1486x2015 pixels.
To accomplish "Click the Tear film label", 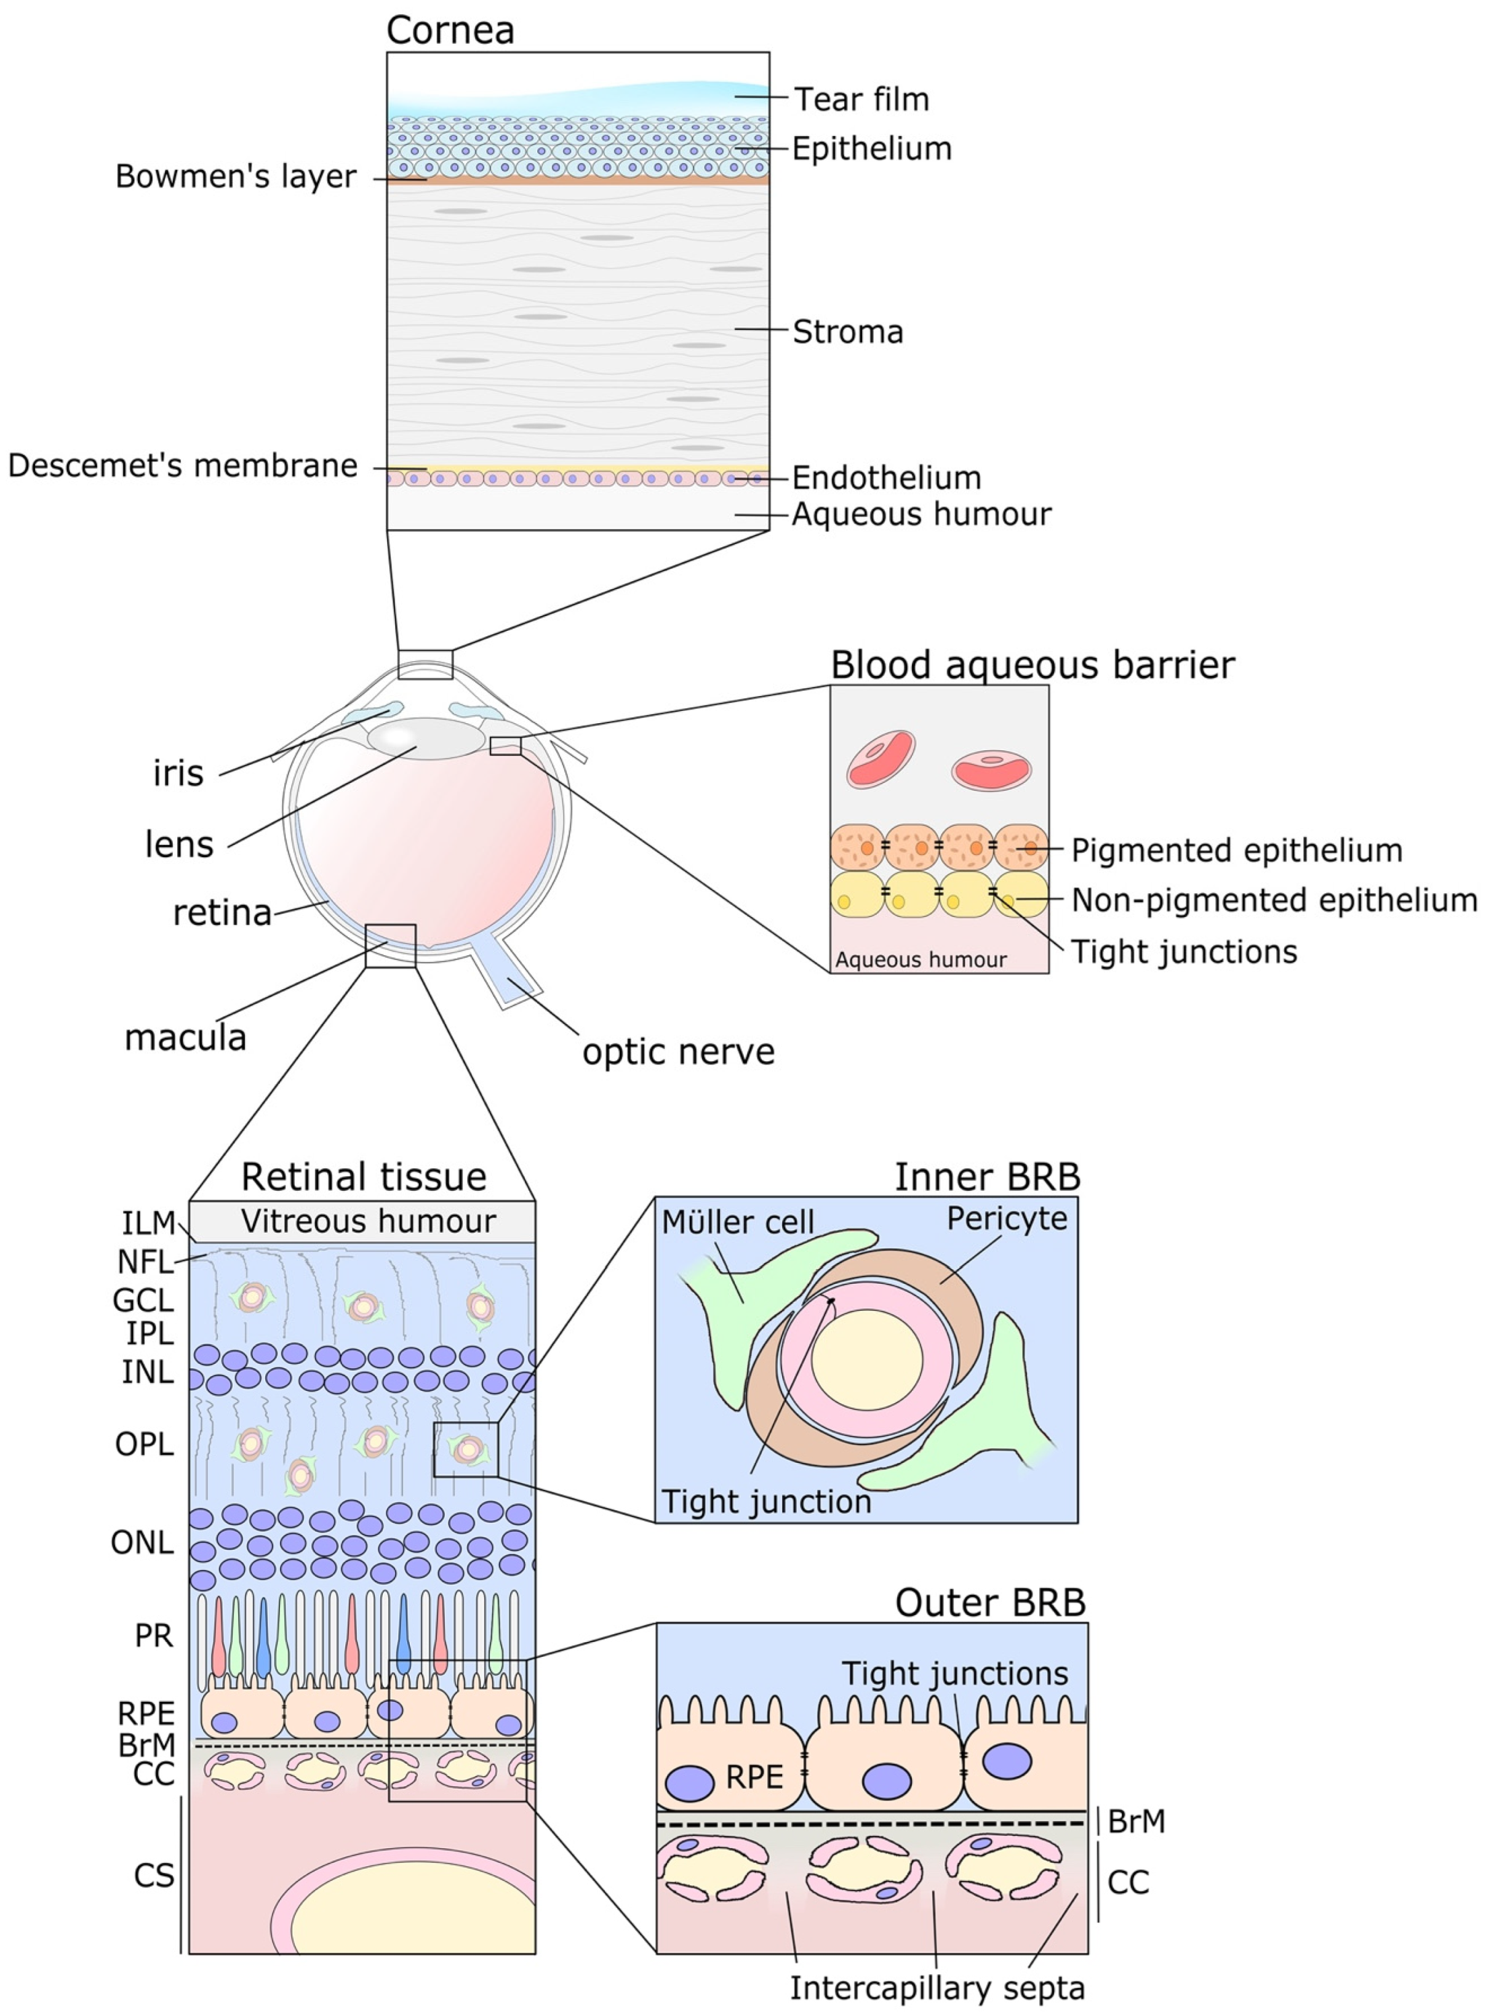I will point(861,99).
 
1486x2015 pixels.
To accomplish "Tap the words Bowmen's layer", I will point(236,177).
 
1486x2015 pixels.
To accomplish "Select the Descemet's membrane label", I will point(183,466).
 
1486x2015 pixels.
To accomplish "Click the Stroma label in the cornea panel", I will point(847,332).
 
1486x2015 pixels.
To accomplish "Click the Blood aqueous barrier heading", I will point(1032,666).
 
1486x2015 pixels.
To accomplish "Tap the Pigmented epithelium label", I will point(1236,850).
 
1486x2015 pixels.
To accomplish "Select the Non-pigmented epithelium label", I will point(1274,900).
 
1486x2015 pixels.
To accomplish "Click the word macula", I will point(185,1037).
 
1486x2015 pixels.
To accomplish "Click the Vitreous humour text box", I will point(368,1222).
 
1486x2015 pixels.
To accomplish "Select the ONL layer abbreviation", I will point(142,1543).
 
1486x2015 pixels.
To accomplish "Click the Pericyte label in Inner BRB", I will point(1007,1219).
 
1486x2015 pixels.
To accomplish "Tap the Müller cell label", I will point(738,1222).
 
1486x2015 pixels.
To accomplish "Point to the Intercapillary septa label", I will point(937,1987).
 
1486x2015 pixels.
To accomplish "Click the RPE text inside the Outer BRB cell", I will point(754,1777).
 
